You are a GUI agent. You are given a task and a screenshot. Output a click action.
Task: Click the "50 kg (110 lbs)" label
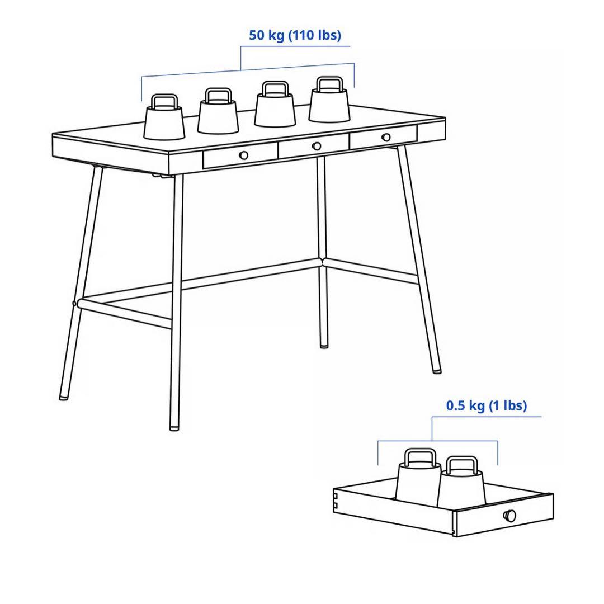[x=295, y=35]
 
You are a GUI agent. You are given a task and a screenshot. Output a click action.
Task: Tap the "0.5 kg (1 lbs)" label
[x=486, y=405]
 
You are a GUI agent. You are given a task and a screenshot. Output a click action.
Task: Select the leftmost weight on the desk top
[x=164, y=122]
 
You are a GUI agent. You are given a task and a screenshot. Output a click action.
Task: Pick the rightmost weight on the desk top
[x=329, y=106]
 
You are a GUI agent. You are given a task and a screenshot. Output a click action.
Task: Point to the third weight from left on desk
[x=275, y=111]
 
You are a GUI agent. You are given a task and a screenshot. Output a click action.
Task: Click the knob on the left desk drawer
[x=243, y=155]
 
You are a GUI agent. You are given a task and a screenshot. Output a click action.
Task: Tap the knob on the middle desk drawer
[x=317, y=146]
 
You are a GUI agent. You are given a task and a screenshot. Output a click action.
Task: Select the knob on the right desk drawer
[x=386, y=138]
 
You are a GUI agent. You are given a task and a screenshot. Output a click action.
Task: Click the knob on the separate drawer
[x=509, y=516]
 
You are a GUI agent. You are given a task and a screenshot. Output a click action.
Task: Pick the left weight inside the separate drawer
[x=418, y=481]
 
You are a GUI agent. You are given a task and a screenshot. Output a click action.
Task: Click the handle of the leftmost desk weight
[x=165, y=101]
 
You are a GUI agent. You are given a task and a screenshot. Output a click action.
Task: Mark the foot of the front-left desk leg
[x=174, y=427]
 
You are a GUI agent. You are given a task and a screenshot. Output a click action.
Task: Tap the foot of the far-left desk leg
[x=64, y=397]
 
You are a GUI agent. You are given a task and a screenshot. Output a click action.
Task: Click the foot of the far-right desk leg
[x=436, y=370]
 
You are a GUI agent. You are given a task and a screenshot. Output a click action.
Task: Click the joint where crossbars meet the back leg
[x=322, y=261]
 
